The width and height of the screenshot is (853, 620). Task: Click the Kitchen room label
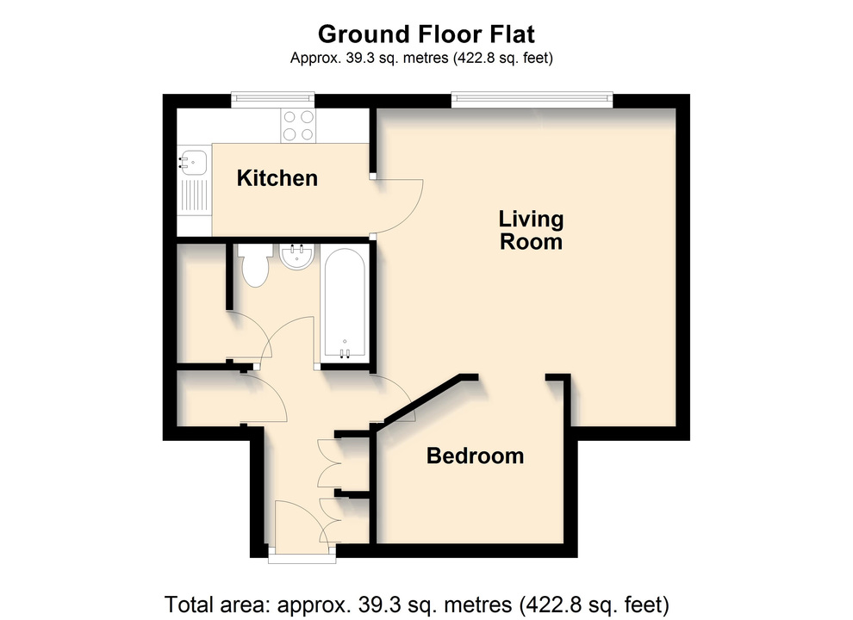click(277, 178)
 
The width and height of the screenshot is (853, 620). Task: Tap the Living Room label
click(531, 231)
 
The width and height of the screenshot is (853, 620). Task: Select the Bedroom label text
click(475, 456)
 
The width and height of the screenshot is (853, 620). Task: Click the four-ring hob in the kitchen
click(298, 126)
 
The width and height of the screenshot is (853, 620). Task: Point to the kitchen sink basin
click(194, 162)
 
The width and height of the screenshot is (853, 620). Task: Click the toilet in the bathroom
click(255, 265)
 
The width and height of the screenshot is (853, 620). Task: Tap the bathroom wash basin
click(296, 256)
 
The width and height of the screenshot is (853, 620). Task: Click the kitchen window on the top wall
click(272, 100)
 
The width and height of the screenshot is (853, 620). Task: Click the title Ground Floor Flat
click(426, 34)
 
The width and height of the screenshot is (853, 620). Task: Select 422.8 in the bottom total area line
click(551, 604)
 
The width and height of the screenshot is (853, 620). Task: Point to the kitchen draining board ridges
click(194, 195)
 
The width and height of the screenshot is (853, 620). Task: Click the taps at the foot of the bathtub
click(345, 354)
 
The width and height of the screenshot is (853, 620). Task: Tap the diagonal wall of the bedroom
click(423, 400)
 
